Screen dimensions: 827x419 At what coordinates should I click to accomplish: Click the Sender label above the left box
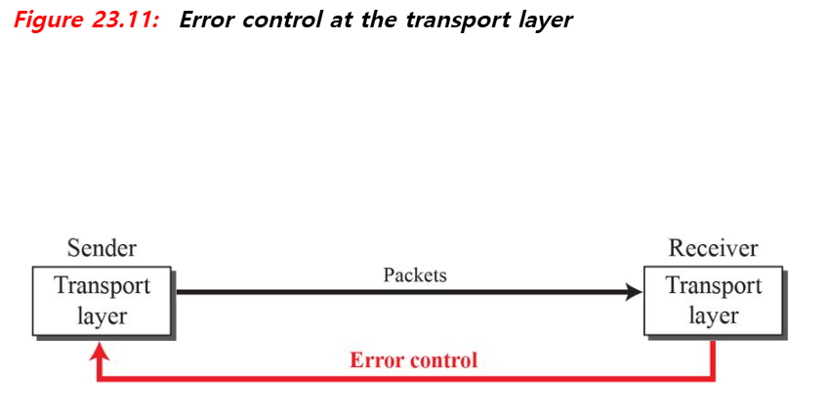(102, 248)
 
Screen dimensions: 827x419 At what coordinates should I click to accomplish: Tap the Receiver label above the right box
(713, 248)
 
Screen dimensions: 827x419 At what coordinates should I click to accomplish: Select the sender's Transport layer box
(102, 301)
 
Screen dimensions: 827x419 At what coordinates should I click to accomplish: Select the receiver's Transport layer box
(713, 301)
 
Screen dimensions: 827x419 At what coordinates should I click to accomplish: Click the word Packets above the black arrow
(415, 274)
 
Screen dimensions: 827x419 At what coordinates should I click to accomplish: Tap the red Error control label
(414, 360)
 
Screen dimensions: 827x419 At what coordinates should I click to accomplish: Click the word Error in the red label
(377, 360)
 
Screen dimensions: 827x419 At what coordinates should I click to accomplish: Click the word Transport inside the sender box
(102, 286)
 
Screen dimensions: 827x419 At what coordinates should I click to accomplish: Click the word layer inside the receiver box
(713, 315)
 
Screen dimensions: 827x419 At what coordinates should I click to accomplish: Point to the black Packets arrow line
(391, 291)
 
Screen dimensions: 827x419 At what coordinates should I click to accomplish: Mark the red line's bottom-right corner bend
(715, 378)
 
